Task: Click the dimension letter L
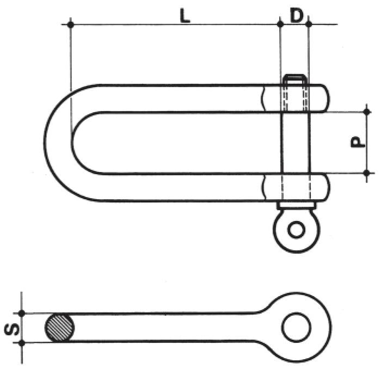(185, 16)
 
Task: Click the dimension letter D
(296, 16)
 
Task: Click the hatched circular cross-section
(60, 328)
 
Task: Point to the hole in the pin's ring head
(297, 229)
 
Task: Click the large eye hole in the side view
(297, 327)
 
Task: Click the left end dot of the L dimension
(70, 24)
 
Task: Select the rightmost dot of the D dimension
(309, 24)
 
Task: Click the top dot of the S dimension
(22, 313)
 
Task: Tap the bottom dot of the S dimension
(22, 342)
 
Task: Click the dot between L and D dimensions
(280, 24)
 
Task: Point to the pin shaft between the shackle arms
(296, 143)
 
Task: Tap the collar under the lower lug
(297, 206)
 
